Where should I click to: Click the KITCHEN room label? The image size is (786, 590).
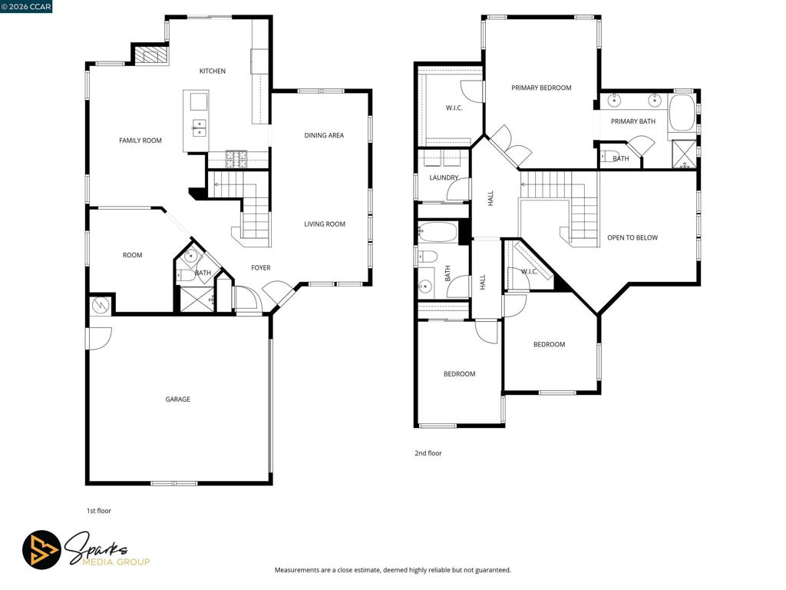point(213,71)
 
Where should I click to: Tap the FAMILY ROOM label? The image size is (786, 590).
point(140,141)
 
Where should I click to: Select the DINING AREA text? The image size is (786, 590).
point(324,135)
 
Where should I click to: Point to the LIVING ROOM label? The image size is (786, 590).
point(325,224)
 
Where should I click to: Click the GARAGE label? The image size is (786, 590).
point(178,399)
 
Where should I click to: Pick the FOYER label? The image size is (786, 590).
point(261,268)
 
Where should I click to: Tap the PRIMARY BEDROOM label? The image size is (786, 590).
point(541,88)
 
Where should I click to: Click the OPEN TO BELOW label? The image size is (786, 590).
point(632,238)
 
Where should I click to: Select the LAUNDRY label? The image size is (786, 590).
point(444,177)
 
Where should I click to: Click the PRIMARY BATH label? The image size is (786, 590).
point(633,121)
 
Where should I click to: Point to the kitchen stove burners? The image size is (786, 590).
point(236,159)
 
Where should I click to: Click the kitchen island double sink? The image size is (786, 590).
point(199,128)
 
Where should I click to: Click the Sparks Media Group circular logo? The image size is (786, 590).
point(41,550)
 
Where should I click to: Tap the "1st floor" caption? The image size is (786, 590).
point(99,511)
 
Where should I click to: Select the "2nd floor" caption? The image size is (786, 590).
point(428,453)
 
